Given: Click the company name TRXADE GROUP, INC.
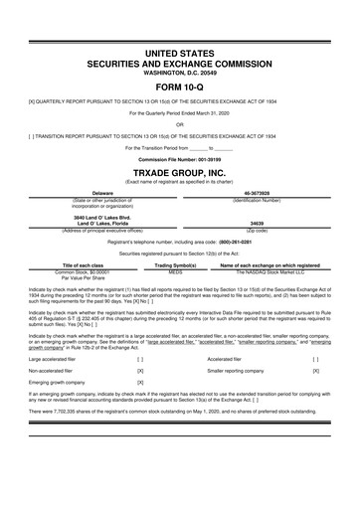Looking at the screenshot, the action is point(180,171).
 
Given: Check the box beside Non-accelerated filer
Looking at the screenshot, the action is point(140,371).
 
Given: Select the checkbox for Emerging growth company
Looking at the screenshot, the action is point(140,383).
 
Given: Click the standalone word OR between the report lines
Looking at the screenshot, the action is point(180,124).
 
